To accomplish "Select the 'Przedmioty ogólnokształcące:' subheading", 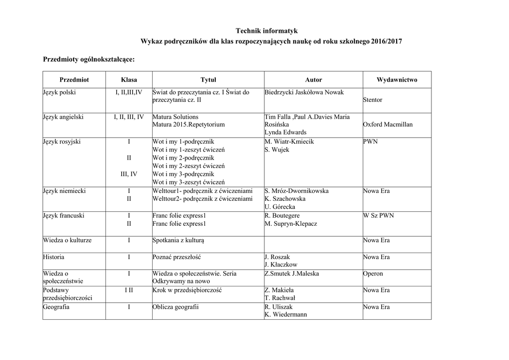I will (89, 59).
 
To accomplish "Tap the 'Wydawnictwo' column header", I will (397, 80).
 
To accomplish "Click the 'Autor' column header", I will (313, 80).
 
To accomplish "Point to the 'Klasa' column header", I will (129, 80).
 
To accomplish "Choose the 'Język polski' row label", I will (59, 92).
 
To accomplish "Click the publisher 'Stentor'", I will (373, 100).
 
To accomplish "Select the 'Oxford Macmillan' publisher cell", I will (388, 125).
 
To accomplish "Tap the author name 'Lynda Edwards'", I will (285, 132).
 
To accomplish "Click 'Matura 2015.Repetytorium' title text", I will (188, 125).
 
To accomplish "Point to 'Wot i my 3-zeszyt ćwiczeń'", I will (188, 182).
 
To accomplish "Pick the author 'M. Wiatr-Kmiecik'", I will (289, 142).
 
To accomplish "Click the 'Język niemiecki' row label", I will (64, 191).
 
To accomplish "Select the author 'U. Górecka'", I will (280, 207).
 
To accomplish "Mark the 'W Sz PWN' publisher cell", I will (378, 216).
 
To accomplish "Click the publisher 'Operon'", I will (373, 273).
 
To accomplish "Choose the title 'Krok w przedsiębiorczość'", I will (186, 290).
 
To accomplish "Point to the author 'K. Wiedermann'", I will (286, 315).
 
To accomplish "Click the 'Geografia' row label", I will (56, 307).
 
